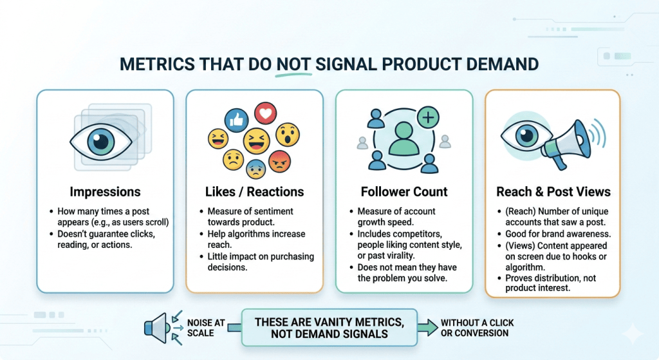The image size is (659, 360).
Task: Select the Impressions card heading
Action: [x=105, y=191]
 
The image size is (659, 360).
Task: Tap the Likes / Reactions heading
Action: [x=254, y=191]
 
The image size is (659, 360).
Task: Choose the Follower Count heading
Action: [x=404, y=191]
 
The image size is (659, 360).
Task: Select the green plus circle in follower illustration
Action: [x=427, y=117]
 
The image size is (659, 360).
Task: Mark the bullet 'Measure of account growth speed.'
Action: [x=399, y=216]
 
